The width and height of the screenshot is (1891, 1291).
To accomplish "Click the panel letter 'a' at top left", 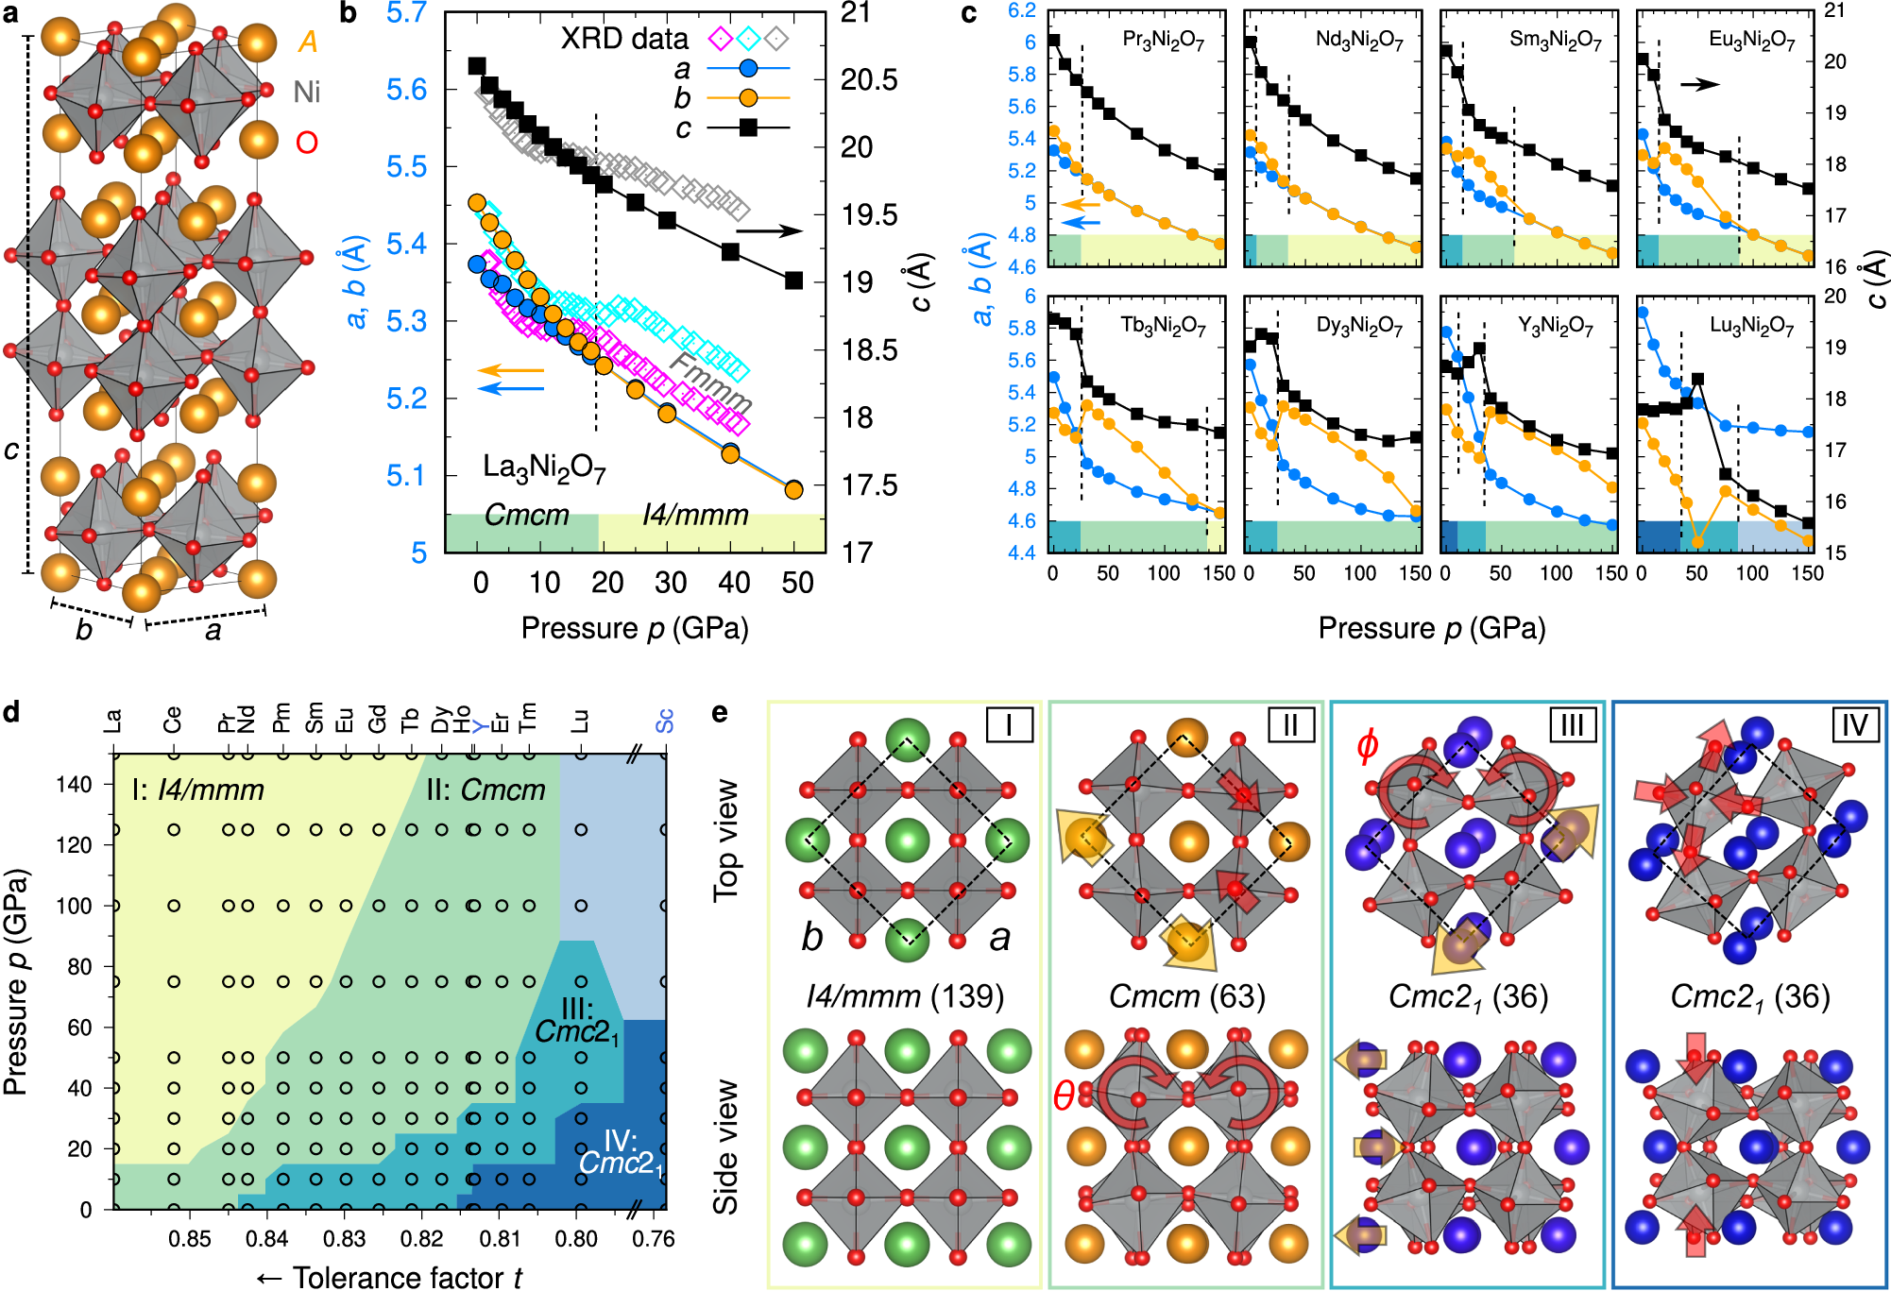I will point(12,15).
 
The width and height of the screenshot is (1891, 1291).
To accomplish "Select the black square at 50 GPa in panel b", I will point(794,280).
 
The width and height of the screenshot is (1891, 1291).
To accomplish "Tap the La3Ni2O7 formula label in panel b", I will point(544,468).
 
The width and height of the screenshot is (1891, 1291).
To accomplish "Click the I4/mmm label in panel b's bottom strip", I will point(695,515).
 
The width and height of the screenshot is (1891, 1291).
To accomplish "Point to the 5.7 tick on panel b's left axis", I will point(407,13).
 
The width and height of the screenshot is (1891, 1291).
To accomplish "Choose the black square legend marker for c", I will point(748,127).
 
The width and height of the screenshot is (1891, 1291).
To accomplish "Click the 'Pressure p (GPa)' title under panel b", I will point(635,628).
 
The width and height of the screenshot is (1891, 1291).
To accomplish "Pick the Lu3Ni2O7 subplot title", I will point(1751,326).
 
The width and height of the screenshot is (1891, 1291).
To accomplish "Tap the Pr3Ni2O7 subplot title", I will point(1163,40).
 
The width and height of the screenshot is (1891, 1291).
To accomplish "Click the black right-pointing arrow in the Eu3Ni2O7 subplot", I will point(1699,84).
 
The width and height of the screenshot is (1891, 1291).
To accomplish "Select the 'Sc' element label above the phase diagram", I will point(665,721).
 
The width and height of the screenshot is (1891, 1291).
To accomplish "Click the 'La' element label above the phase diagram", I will point(113,722).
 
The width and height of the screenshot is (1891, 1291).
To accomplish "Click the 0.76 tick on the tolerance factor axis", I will point(653,1238).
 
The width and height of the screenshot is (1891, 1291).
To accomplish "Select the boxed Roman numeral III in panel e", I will point(1572,724).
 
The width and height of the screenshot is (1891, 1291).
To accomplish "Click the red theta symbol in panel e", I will point(1064,1096).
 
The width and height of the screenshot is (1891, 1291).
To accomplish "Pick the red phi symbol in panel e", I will point(1367,745).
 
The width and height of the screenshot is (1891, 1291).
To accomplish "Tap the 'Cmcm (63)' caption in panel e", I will point(1186,995).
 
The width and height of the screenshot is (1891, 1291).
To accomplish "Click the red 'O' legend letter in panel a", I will point(307,143).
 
